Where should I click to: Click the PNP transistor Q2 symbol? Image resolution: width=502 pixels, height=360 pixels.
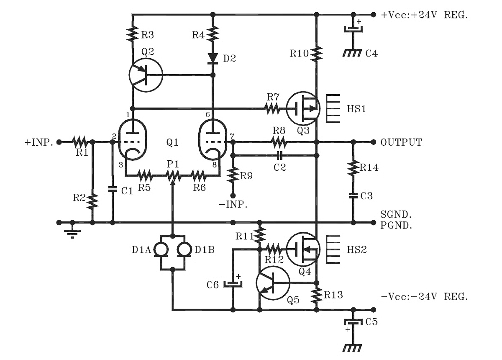145,75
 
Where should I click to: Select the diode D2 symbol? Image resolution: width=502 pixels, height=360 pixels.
213,57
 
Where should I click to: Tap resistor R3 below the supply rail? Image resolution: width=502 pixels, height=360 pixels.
133,33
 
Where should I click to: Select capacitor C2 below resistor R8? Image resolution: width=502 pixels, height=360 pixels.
281,156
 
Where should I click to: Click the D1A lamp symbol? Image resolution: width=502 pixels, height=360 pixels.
161,249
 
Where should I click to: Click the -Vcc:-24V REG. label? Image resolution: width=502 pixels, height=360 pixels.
424,297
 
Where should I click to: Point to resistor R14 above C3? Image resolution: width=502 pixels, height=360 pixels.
353,167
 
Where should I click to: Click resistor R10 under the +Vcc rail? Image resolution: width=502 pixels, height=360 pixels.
317,53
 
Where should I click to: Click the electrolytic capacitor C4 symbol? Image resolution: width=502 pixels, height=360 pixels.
353,29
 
